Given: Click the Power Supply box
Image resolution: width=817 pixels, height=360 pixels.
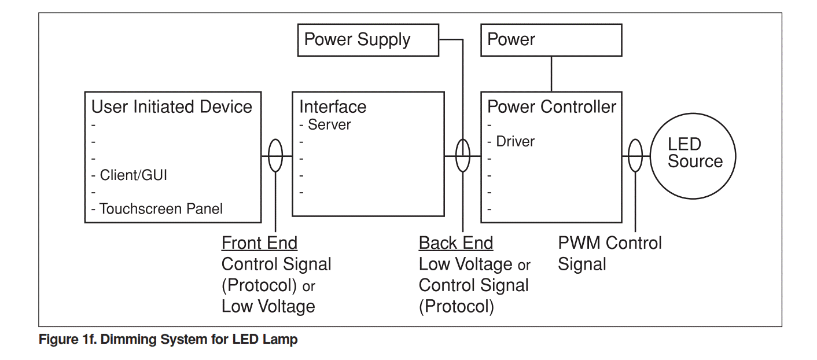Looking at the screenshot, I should coord(368,40).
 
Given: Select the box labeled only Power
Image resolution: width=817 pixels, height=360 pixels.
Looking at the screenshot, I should coord(551,40).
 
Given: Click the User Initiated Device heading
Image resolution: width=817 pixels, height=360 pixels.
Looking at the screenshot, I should coord(172,107).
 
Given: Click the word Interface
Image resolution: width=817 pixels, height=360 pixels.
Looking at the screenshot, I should coord(333,107).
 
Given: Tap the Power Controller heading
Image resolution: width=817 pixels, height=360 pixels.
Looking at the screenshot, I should coord(552,107).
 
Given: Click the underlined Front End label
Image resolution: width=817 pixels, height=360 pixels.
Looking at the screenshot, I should coord(259,243).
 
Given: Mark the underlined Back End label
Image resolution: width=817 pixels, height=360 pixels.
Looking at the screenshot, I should coord(456,243).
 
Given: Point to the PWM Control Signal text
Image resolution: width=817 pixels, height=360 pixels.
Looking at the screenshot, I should coord(609,254).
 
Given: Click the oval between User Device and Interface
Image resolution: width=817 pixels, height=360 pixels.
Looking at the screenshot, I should coord(275,156).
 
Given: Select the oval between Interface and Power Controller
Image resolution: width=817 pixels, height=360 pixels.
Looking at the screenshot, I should coord(463,156).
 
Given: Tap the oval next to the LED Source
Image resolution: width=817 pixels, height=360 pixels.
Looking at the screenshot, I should coord(635,156).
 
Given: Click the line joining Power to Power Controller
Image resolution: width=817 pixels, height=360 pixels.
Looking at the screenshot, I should coord(551,74).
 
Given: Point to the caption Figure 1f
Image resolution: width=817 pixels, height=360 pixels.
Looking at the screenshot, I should coord(168,340).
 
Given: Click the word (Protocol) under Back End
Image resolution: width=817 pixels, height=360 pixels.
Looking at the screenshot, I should coord(456,306).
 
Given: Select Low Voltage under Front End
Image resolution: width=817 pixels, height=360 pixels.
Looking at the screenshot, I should coord(268,306).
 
